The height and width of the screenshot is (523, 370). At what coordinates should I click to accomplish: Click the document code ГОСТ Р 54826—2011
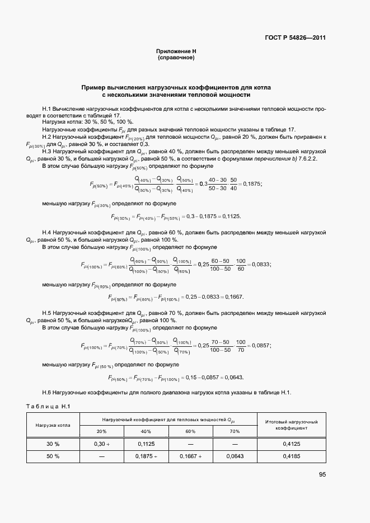294,38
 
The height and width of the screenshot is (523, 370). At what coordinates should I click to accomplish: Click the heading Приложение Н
176,51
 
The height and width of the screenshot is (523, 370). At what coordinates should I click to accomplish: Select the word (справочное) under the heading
176,58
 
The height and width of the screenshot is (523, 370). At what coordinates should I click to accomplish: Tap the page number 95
322,474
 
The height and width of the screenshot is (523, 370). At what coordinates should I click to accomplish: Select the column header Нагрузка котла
53,425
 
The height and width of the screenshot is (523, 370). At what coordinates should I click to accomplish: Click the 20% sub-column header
101,431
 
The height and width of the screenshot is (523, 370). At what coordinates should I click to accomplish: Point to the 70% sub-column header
234,431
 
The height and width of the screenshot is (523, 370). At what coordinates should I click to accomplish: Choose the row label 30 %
53,444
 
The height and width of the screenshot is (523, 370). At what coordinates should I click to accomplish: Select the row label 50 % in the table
53,456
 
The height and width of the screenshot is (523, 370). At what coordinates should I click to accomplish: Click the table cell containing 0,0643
234,456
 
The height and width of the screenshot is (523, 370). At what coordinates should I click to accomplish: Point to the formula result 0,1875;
251,183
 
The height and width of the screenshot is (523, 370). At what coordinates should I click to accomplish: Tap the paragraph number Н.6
47,392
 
